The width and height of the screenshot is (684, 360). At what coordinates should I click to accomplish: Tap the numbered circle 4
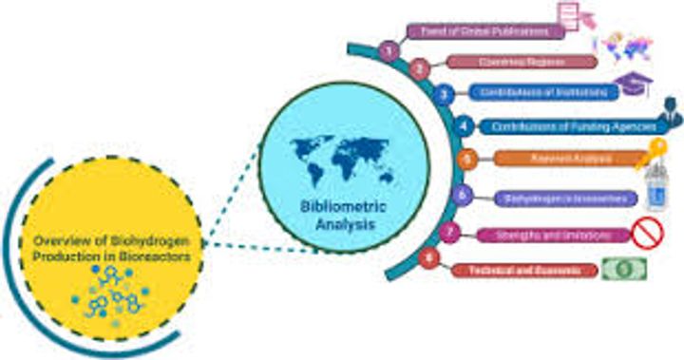click(464, 124)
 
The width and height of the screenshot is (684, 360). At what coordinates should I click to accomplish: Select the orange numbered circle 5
click(465, 160)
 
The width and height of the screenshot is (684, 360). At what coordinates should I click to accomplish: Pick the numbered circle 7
click(453, 233)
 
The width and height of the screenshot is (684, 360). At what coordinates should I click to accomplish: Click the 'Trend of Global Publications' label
click(484, 30)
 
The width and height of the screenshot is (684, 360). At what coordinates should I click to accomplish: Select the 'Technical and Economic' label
click(524, 271)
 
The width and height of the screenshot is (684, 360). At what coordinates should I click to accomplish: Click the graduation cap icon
click(631, 84)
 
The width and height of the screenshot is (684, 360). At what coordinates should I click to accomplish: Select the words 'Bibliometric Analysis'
click(328, 218)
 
